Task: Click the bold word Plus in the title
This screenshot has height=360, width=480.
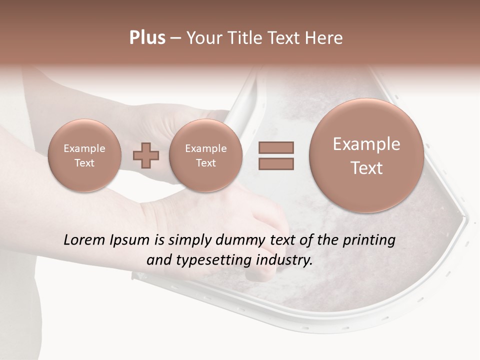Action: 147,38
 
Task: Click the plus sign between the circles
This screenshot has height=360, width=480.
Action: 146,155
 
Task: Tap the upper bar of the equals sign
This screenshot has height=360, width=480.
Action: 276,147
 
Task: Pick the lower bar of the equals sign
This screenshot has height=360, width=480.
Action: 276,163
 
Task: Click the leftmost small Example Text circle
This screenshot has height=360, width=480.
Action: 84,155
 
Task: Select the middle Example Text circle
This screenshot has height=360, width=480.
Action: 205,155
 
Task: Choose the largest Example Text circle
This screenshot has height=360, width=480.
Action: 366,155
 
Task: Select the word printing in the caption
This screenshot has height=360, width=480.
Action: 369,240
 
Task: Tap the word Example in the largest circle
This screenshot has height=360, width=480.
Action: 366,144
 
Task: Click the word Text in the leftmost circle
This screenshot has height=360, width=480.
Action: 84,163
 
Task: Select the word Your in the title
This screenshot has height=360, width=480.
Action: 202,38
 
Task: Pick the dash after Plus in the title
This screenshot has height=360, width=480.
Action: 175,38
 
